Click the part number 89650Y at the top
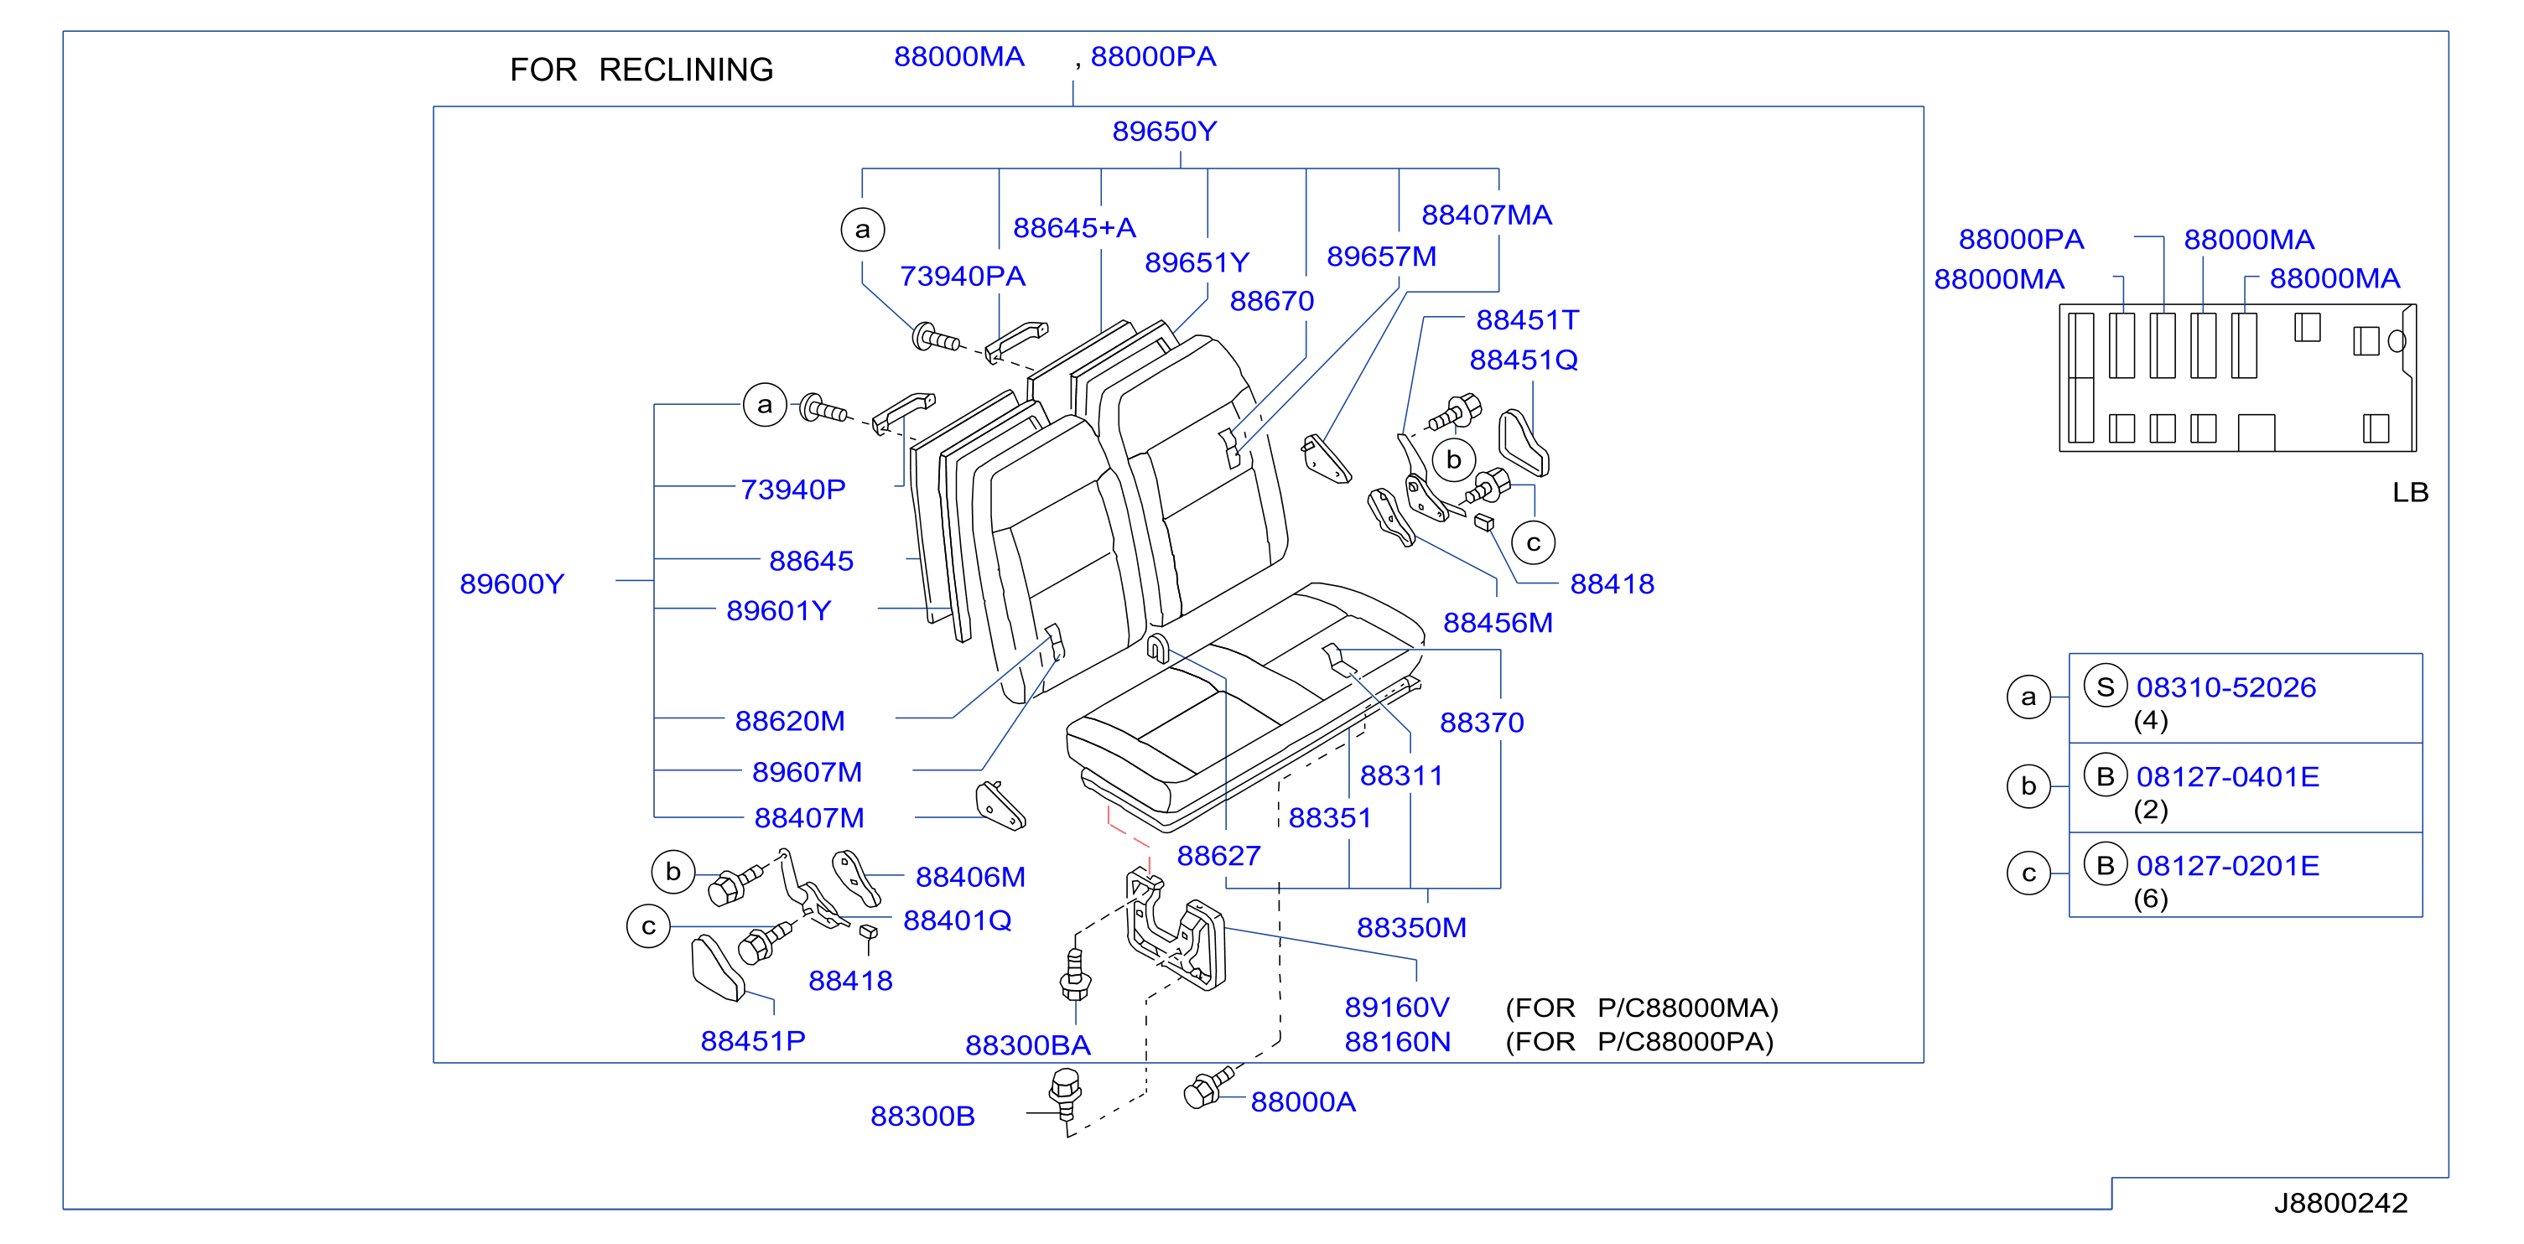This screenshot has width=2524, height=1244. coord(1164,132)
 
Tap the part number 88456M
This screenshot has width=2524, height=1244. coord(1498,623)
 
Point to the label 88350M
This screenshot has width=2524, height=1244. coord(1411,928)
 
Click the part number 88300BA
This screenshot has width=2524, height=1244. coord(1028,1045)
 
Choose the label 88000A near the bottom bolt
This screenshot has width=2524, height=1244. coord(1303,1102)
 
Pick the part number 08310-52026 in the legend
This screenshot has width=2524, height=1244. coord(2226,687)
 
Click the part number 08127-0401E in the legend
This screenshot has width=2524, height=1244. coord(2227,777)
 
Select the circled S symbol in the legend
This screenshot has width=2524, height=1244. coord(2105,686)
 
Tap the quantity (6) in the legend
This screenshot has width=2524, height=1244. coord(2151,899)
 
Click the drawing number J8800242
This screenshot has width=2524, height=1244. coord(2340,1203)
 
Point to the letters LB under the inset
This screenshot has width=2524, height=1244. coord(2410,493)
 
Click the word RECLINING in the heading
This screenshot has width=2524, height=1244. coord(686,70)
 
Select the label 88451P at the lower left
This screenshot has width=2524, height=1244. coord(752,1041)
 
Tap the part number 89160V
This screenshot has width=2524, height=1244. coord(1396,1007)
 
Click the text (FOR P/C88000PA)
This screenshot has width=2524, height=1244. coord(1639,1041)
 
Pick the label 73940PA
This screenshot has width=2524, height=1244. coord(962,277)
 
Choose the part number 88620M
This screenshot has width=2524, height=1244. coord(790,721)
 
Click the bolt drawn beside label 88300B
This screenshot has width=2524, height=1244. coord(1065,1094)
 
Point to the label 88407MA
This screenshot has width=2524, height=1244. coord(1487,215)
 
